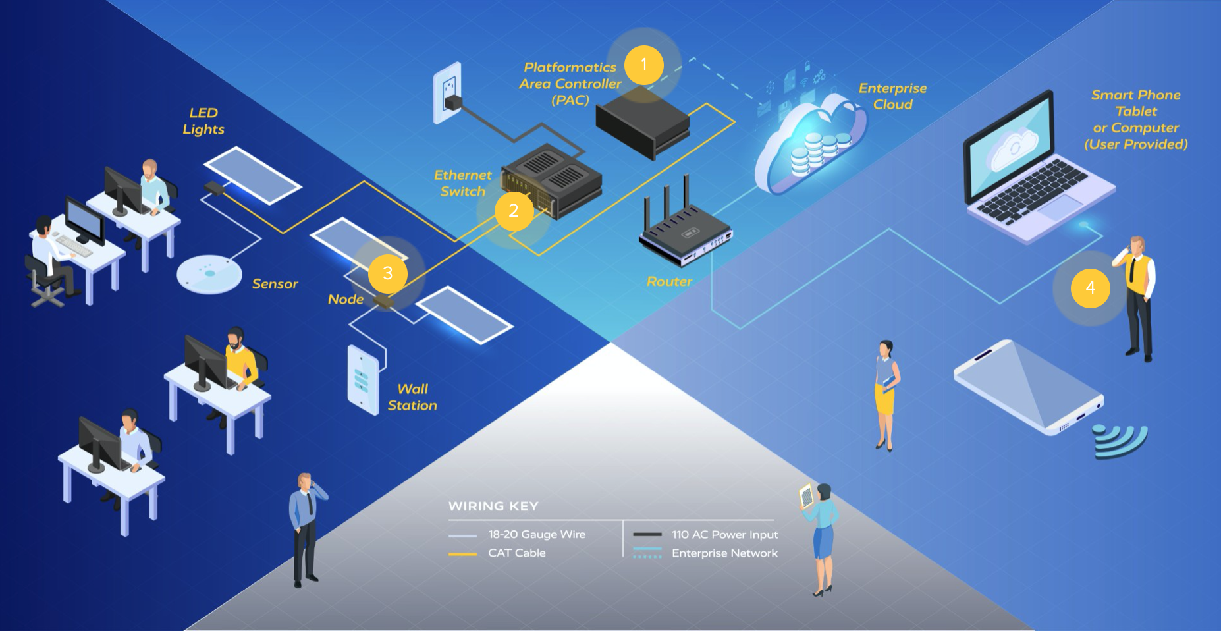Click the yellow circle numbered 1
click(x=643, y=65)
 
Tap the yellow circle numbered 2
click(x=514, y=211)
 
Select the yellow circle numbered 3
click(x=388, y=273)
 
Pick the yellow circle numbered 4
click(x=1091, y=288)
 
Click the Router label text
click(x=669, y=281)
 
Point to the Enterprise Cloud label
click(x=892, y=96)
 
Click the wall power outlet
click(x=448, y=92)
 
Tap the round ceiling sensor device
click(x=209, y=273)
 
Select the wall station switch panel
click(x=363, y=379)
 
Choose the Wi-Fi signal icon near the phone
click(x=1120, y=440)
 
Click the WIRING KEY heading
click(x=493, y=506)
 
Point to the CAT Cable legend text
click(x=516, y=553)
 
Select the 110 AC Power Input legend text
click(x=724, y=534)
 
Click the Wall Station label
click(x=412, y=397)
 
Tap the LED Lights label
click(x=203, y=121)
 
